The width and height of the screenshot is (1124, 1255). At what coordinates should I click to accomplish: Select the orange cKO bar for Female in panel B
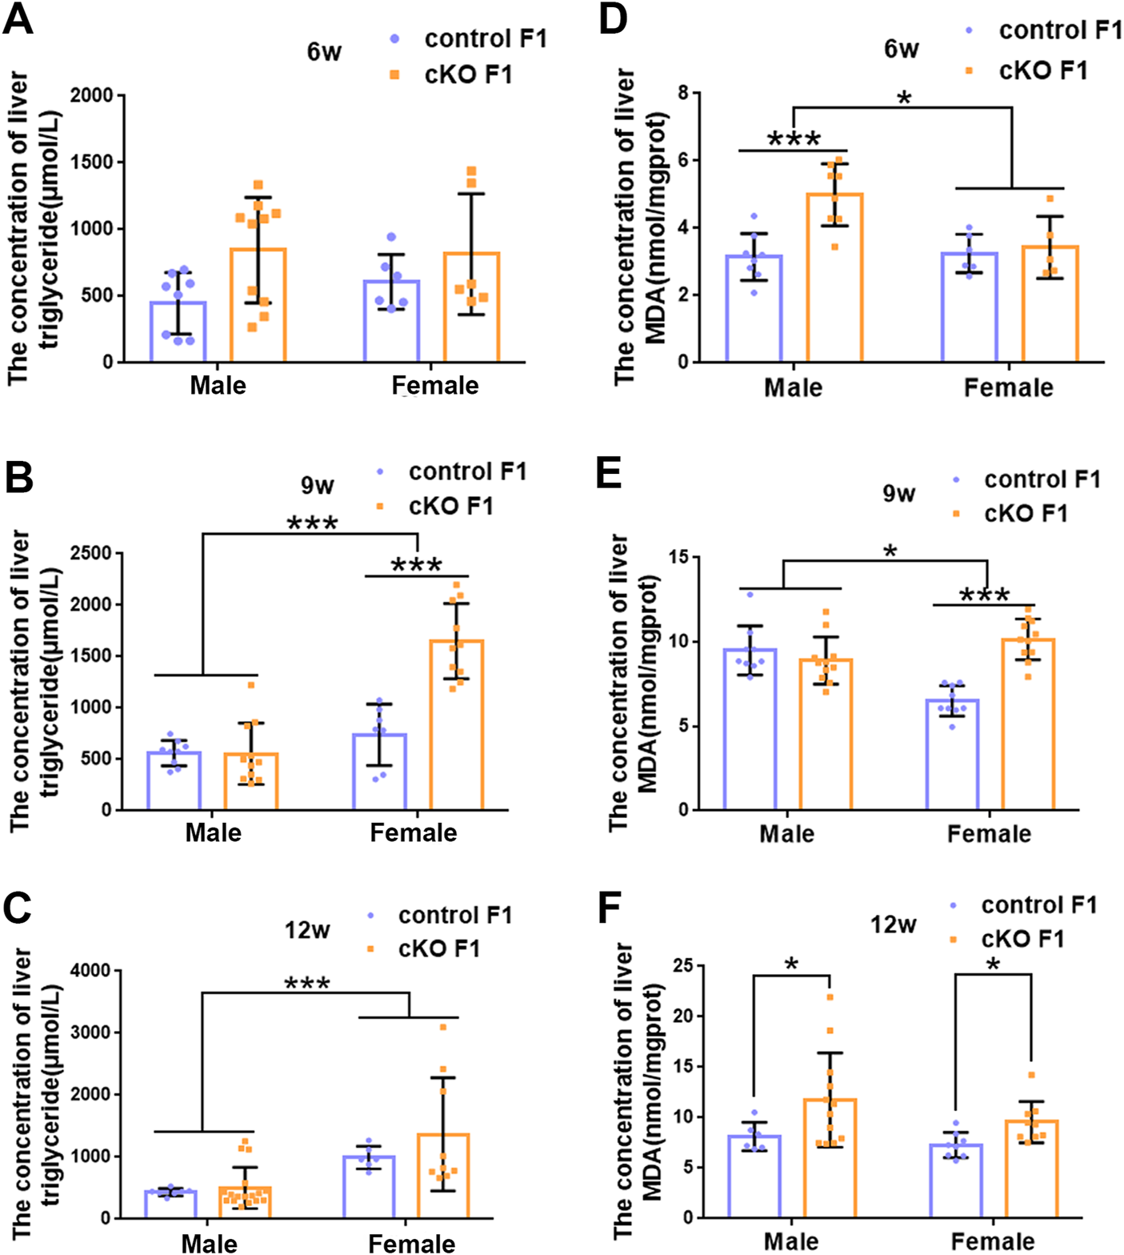(456, 724)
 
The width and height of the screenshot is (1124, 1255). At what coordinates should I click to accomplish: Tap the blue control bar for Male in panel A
(178, 331)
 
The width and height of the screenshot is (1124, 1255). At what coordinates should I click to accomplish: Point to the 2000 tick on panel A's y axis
(92, 96)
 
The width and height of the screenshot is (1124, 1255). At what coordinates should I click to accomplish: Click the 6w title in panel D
(901, 50)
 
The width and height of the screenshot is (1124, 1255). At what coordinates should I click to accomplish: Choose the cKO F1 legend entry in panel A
(467, 75)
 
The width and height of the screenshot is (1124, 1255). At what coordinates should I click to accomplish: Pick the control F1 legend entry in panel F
(1038, 905)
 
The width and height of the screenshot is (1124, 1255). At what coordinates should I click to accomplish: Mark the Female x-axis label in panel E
(989, 834)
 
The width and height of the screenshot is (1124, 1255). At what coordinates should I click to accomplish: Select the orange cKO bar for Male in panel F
(830, 1158)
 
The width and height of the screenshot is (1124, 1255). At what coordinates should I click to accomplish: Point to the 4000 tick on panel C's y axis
(90, 971)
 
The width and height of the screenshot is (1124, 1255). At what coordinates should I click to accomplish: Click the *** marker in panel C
(307, 983)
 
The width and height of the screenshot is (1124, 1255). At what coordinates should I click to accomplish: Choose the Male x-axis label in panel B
(213, 832)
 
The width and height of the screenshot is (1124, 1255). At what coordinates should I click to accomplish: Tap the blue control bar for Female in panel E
(952, 754)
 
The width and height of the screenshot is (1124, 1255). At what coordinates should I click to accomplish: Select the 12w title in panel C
(307, 930)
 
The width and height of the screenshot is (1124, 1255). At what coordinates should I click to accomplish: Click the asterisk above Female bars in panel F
(993, 964)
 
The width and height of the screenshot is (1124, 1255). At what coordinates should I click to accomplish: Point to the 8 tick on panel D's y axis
(682, 94)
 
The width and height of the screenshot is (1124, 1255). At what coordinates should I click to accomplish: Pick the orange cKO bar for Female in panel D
(1050, 303)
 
